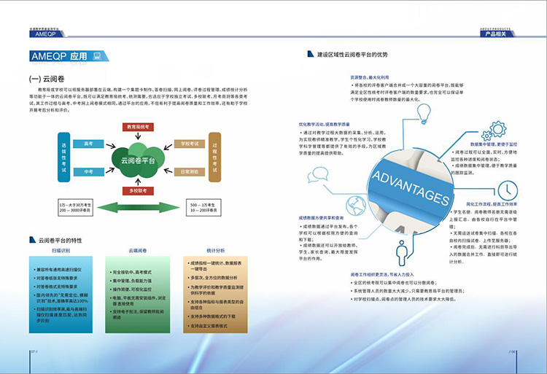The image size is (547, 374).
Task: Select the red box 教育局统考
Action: [138, 126]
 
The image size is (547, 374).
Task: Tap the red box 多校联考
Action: [138, 190]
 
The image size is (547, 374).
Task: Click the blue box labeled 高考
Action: [88, 144]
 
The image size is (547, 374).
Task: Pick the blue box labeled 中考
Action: [88, 172]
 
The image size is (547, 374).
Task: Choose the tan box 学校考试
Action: [189, 144]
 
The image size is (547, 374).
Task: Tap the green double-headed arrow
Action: [138, 208]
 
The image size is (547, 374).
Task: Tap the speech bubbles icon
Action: [317, 175]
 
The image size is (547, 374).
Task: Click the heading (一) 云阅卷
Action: [48, 79]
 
